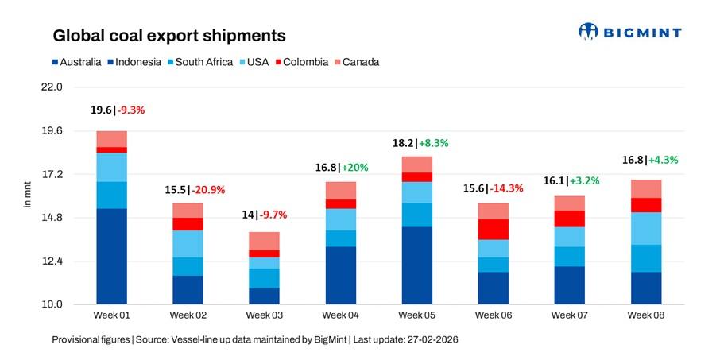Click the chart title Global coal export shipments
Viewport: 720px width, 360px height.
coord(168,36)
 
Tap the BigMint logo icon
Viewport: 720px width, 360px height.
coord(588,32)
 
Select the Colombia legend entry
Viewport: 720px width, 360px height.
coord(301,62)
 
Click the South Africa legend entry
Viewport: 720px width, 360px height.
coord(199,62)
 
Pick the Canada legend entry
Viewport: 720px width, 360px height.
coord(357,62)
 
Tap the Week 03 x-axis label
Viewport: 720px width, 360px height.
coord(264,315)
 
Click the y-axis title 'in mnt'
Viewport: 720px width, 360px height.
coord(26,195)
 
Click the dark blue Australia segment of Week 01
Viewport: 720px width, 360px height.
coord(112,256)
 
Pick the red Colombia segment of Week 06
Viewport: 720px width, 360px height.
coord(493,229)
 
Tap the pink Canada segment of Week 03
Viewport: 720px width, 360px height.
coord(264,241)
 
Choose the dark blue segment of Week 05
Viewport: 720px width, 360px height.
coord(416,265)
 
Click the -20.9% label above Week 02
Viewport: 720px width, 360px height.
coord(209,190)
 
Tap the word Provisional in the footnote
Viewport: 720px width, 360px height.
coord(76,339)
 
